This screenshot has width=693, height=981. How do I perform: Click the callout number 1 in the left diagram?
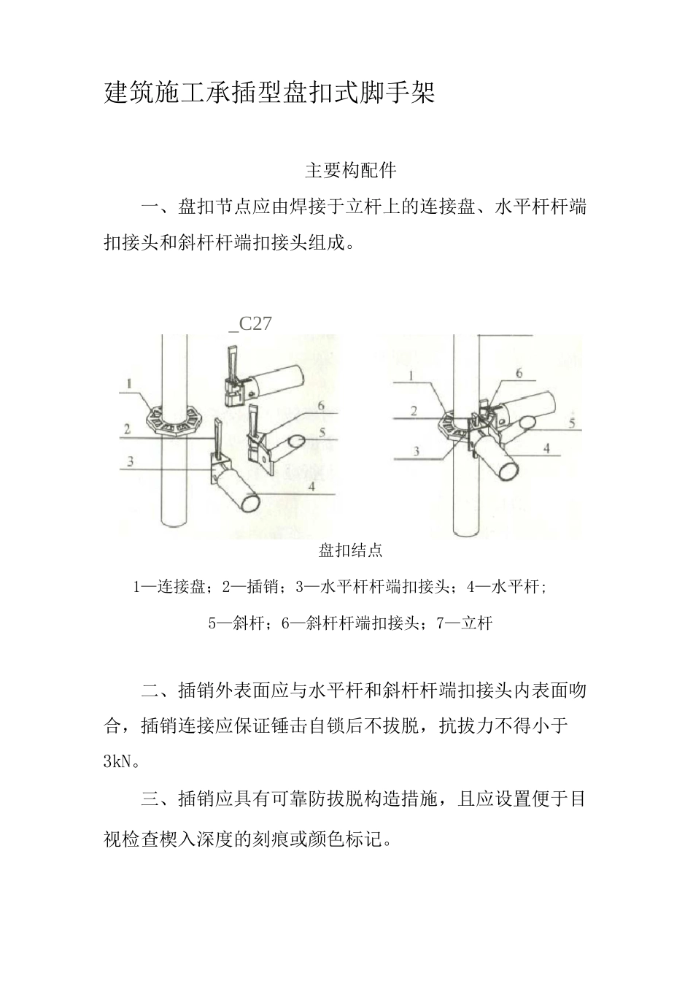[128, 382]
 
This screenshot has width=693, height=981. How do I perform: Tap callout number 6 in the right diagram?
[519, 373]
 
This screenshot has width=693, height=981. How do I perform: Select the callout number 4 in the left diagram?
[311, 486]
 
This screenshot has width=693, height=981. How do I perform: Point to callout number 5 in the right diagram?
[572, 422]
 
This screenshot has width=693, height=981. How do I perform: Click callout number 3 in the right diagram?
[417, 451]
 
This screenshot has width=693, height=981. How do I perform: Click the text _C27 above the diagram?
[250, 323]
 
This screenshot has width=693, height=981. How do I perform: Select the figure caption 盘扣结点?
[350, 550]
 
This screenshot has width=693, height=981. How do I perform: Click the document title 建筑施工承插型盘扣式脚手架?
[269, 93]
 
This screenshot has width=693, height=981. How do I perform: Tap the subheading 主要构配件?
[350, 171]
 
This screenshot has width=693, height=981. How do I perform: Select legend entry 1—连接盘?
[172, 587]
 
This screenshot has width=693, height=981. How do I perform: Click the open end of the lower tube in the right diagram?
[504, 468]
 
